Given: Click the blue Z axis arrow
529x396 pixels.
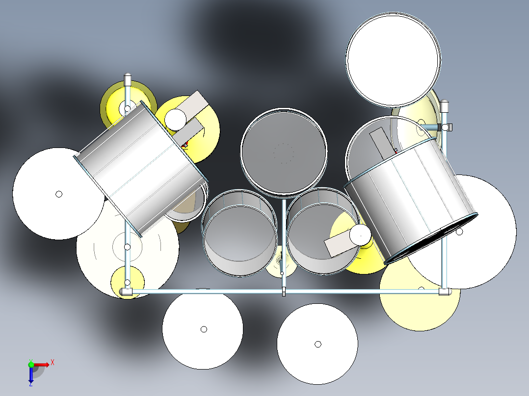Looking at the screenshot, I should (x=30, y=375).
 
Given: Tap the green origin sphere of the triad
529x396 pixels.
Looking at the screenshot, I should (x=31, y=364).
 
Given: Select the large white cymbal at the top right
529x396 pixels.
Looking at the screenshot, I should (x=393, y=60).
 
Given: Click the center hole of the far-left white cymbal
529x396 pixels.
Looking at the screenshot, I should (x=59, y=194).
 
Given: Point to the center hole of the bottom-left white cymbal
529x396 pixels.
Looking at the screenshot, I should (x=204, y=329).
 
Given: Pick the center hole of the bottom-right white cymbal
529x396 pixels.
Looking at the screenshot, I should (x=317, y=344).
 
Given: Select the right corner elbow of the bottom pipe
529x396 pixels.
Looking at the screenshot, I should (x=445, y=292).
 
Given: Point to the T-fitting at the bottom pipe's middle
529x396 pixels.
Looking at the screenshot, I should (x=284, y=292).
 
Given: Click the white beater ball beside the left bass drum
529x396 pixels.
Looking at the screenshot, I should (x=175, y=118).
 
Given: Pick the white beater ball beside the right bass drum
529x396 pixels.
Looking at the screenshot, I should (x=361, y=235).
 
